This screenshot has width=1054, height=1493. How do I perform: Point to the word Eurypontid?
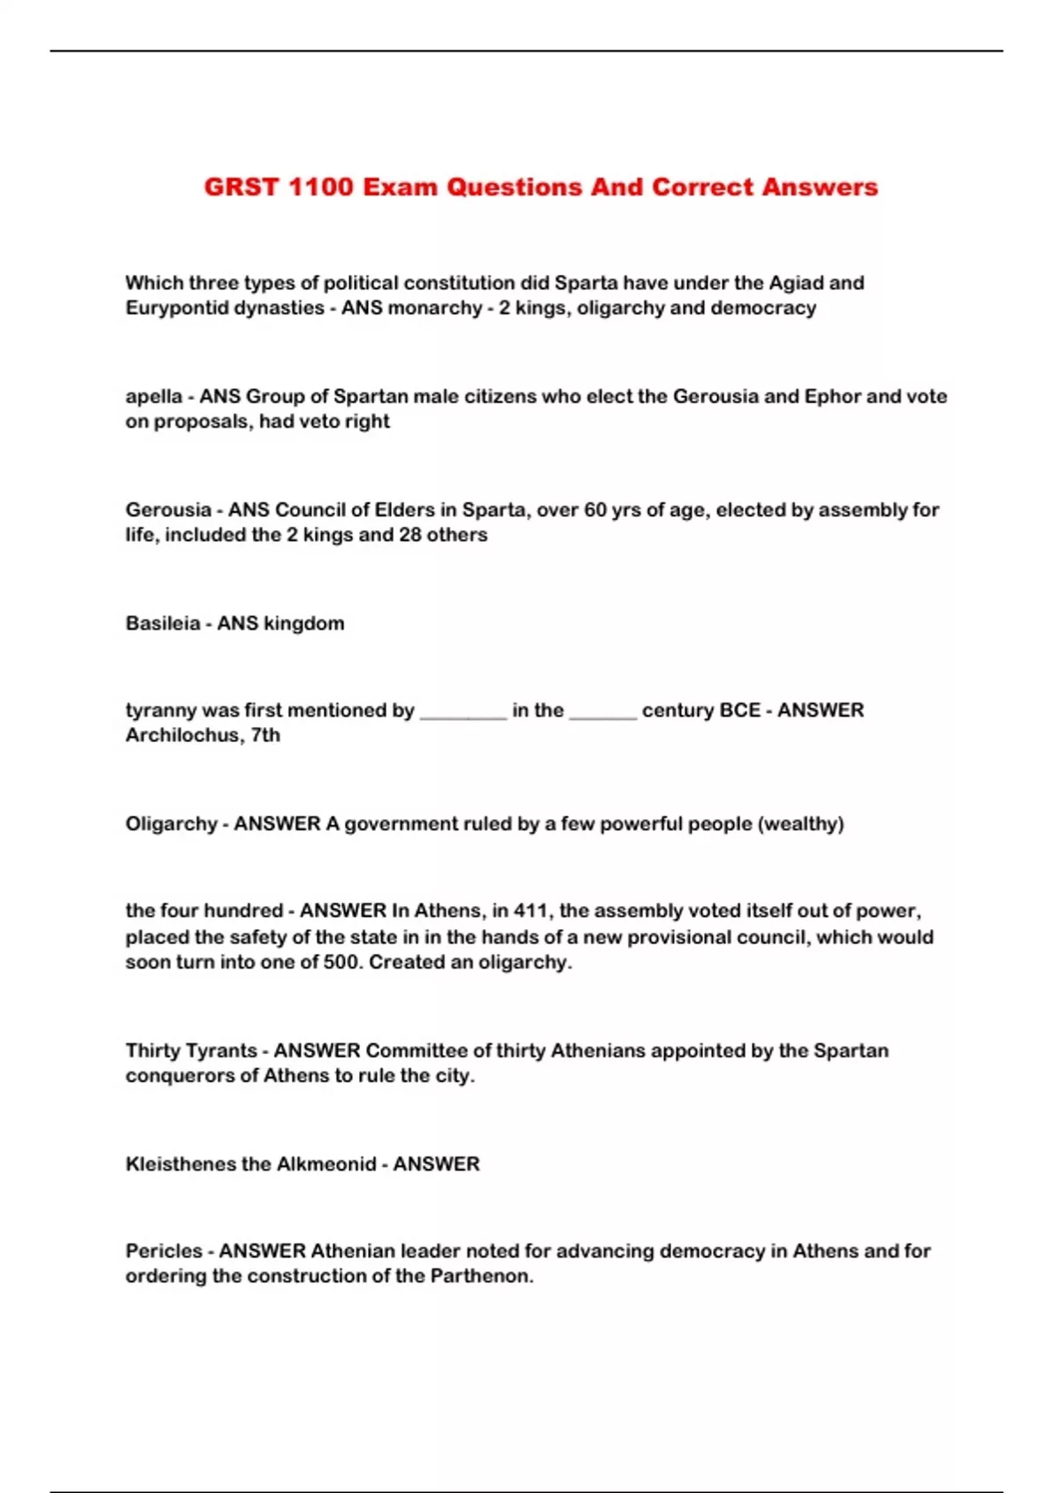pos(175,308)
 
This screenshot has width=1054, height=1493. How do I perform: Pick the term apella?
pos(154,397)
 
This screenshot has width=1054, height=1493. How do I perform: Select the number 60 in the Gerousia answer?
pos(596,509)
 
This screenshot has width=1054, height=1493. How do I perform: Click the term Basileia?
pos(162,624)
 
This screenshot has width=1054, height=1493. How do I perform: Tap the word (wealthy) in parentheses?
pos(800,824)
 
